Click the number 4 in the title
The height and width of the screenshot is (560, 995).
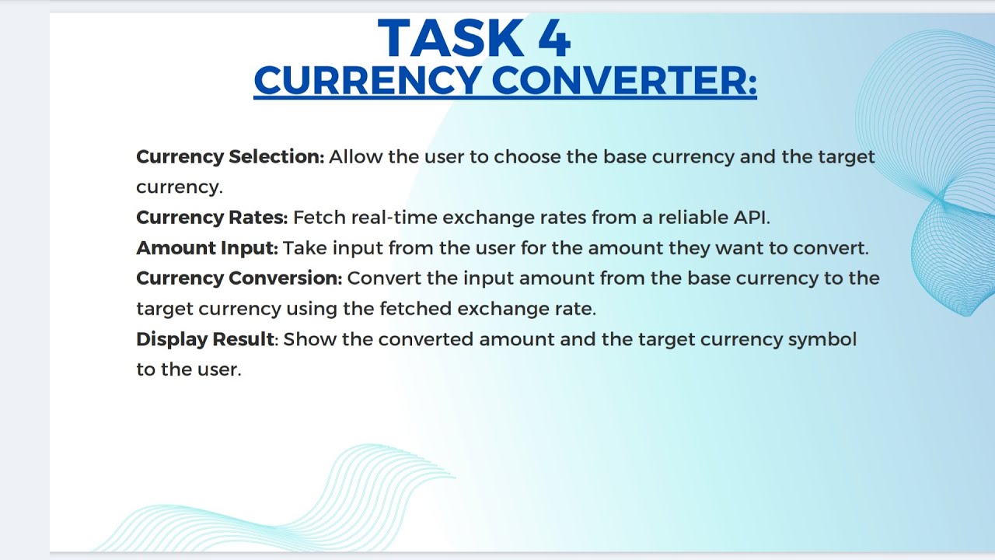(553, 39)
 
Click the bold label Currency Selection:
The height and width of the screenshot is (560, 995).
(230, 156)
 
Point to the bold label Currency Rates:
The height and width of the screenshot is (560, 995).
(211, 217)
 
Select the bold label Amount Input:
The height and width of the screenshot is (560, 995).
(207, 248)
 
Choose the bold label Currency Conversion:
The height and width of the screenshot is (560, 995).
(239, 278)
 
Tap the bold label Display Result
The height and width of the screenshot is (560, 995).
(204, 339)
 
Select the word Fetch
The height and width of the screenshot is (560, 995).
(319, 217)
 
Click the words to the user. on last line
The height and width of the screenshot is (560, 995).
(189, 369)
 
